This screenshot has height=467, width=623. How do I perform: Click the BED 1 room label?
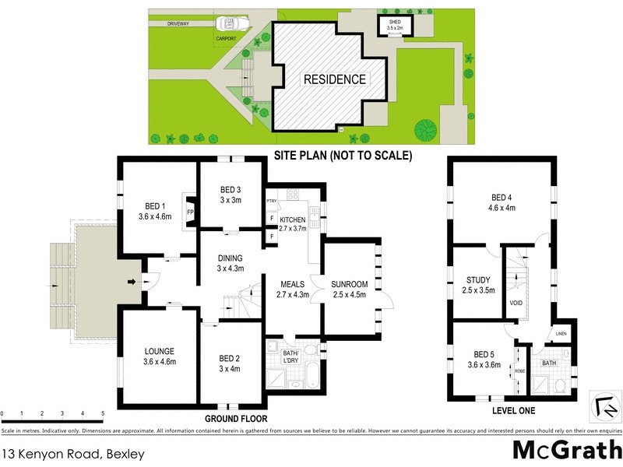point(148,207)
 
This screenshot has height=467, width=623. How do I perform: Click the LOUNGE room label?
point(158,351)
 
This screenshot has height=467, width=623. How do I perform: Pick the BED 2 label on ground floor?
point(229,359)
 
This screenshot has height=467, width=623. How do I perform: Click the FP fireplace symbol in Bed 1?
point(190,210)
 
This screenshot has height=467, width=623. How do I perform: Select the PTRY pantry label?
point(271,201)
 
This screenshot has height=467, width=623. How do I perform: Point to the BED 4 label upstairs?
point(502,198)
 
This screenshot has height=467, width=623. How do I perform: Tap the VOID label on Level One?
point(516,304)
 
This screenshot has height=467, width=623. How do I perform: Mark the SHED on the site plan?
point(395,25)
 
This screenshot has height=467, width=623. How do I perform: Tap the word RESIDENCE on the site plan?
point(334,79)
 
